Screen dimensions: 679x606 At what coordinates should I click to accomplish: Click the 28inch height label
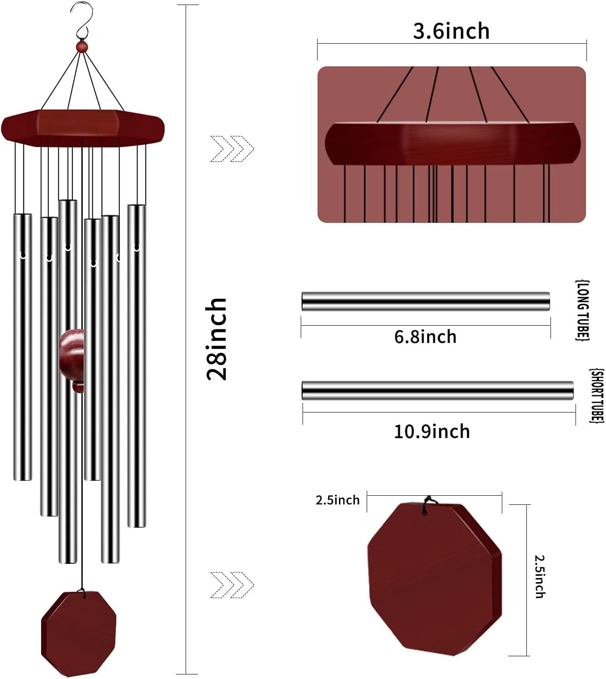(217, 339)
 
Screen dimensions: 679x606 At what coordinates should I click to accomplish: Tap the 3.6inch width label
(451, 31)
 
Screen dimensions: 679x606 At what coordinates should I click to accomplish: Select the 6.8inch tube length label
(425, 337)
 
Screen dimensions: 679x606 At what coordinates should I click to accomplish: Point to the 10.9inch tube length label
(431, 431)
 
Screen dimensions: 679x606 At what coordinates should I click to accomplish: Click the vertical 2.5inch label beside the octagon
(540, 576)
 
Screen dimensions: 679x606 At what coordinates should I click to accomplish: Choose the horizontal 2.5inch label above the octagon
(337, 500)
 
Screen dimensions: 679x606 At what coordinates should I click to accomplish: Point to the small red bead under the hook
(81, 46)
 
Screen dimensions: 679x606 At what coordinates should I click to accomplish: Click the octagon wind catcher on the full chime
(79, 633)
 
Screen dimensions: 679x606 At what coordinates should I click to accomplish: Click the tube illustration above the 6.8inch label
(425, 302)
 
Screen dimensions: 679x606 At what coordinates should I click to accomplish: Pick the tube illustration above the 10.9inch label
(437, 391)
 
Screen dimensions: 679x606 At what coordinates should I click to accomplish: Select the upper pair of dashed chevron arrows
(232, 149)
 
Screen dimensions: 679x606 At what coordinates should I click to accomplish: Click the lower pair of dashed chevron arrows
(232, 585)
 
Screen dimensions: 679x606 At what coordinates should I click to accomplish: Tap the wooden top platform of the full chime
(82, 128)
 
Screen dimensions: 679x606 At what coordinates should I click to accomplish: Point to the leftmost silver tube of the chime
(23, 347)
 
